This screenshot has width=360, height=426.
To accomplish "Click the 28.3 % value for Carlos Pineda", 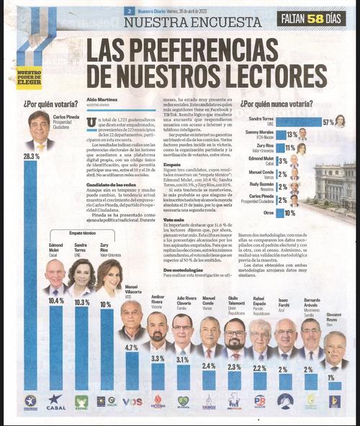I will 31,156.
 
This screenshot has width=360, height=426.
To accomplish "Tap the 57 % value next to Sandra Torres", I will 328,122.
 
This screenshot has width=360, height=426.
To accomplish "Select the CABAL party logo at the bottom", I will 55,401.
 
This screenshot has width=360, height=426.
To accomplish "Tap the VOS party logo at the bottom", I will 132,402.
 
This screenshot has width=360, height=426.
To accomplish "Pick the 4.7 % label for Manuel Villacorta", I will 131,348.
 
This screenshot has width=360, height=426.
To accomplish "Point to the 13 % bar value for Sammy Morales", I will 292,135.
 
